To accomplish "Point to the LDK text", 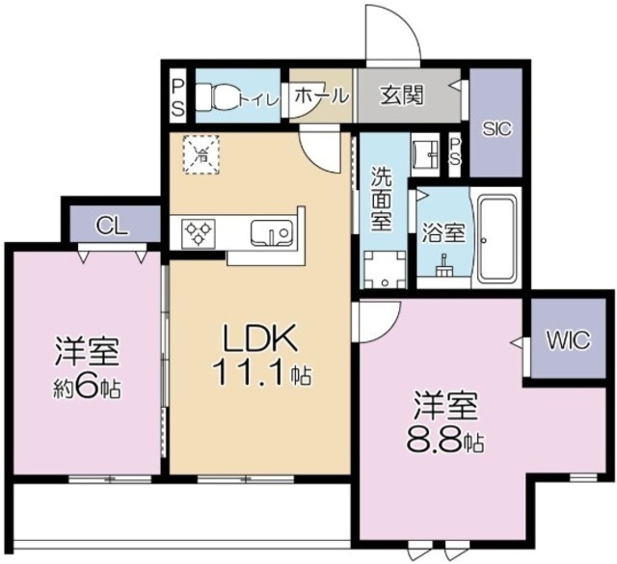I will tap(257, 339).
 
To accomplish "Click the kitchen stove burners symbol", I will tap(200, 232).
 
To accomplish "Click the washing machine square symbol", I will tap(384, 270).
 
